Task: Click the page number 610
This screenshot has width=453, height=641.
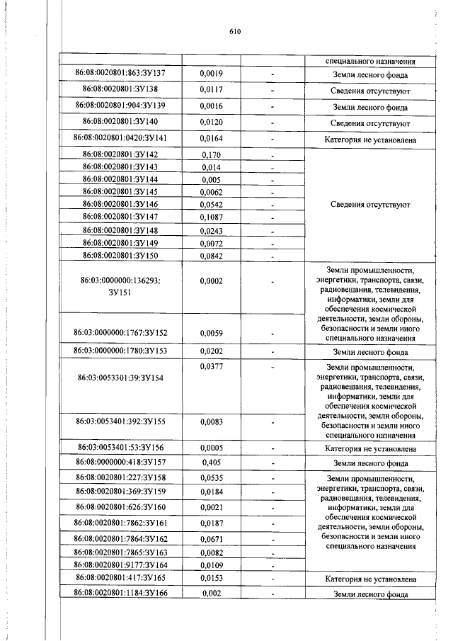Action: (236, 31)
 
